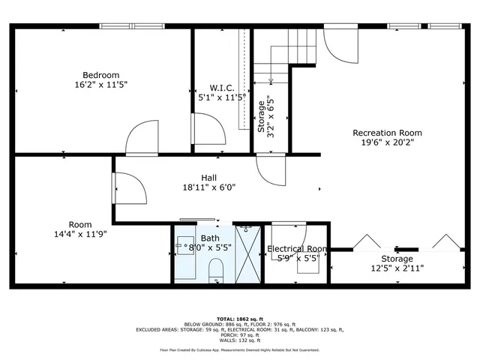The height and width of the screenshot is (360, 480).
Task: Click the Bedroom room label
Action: click(100, 75)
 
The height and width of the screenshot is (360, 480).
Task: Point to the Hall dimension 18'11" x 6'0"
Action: click(209, 187)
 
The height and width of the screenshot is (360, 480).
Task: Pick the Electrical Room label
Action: click(297, 249)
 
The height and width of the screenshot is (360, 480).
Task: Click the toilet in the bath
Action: click(217, 270)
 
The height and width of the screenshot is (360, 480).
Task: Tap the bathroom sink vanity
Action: click(185, 245)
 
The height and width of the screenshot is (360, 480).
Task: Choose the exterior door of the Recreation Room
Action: click(342, 47)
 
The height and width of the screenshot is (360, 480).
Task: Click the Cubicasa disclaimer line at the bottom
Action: click(240, 349)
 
